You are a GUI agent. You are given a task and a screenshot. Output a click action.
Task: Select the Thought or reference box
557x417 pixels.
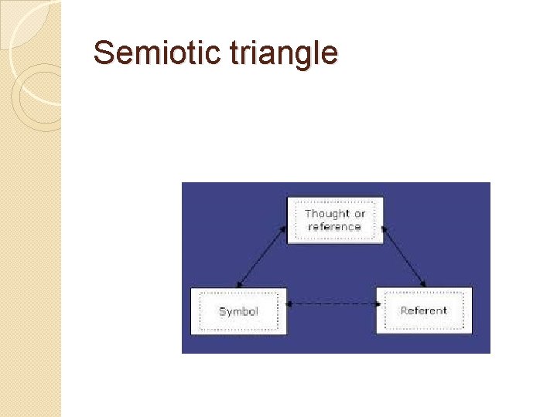coord(335,220)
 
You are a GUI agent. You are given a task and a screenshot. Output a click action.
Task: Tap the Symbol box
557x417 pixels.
coord(238,311)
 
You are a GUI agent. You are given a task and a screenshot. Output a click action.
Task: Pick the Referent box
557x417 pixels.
coord(423,310)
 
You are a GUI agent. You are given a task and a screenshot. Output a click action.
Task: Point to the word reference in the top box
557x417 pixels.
coord(334,227)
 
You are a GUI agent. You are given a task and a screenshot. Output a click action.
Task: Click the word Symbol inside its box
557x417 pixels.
coord(238,312)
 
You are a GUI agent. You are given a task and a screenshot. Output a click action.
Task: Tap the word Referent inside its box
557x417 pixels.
coord(423,310)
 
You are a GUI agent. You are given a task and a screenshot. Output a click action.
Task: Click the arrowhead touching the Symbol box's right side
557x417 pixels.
coord(290,304)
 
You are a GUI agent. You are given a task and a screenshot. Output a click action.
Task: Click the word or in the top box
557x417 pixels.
coord(360,214)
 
